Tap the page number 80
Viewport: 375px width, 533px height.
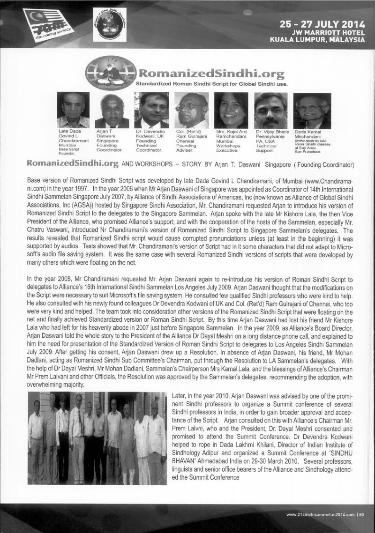click(368, 516)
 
